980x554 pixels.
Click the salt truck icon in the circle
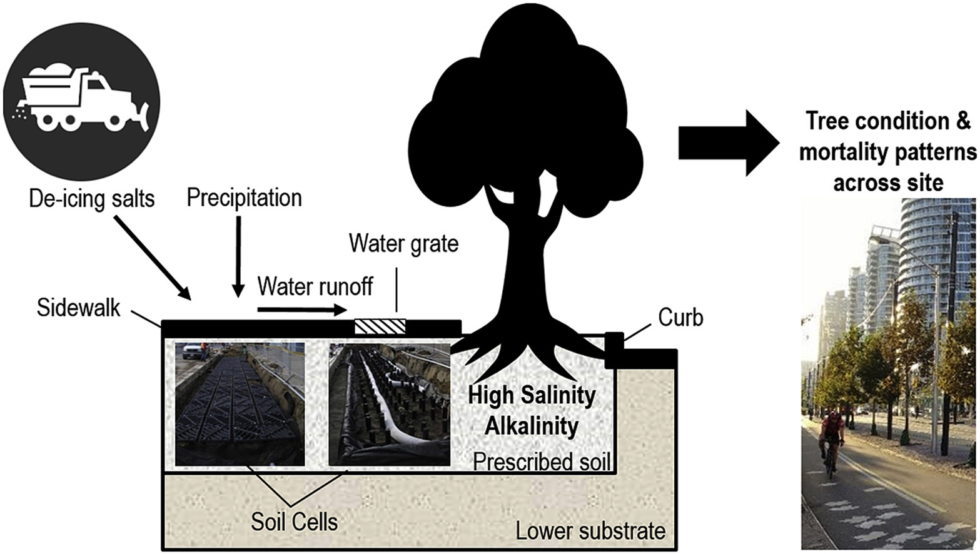click(81, 101)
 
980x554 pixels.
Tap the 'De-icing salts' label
click(92, 199)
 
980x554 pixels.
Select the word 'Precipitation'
click(244, 198)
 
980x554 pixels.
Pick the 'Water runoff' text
click(315, 286)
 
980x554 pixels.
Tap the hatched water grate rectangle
click(380, 326)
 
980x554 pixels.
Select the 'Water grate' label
click(403, 243)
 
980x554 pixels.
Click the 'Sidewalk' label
click(78, 308)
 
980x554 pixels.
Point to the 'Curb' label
click(680, 318)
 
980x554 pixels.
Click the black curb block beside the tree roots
click(614, 350)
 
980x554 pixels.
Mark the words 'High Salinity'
click(532, 395)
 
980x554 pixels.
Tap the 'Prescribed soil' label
click(541, 461)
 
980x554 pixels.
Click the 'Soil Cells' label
click(294, 521)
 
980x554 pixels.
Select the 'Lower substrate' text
click(590, 531)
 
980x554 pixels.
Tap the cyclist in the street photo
click(831, 441)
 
